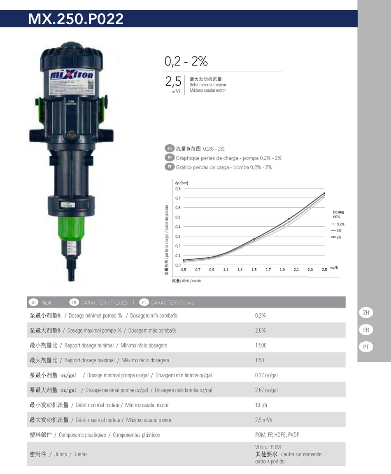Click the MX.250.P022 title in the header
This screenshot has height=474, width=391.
[x=76, y=19]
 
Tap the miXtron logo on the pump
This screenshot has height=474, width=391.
[x=72, y=76]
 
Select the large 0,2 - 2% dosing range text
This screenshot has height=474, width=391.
[x=186, y=61]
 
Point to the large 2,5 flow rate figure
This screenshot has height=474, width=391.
[x=173, y=81]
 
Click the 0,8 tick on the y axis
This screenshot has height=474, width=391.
[x=177, y=188]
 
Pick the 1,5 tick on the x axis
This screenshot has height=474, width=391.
[x=254, y=270]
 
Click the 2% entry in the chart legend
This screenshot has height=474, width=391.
[x=338, y=237]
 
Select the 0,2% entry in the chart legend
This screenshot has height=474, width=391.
[x=340, y=224]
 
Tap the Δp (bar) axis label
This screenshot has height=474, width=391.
[x=181, y=182]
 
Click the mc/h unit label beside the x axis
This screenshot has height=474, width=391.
[x=334, y=268]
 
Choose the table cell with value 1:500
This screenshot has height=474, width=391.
[x=261, y=345]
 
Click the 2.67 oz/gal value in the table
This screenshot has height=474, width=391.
[x=266, y=390]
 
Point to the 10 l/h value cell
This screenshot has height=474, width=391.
[x=261, y=405]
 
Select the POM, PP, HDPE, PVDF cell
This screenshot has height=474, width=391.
[x=277, y=435]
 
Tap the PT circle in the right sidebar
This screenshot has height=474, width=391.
[x=366, y=347]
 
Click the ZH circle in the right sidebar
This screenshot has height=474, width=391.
[x=366, y=313]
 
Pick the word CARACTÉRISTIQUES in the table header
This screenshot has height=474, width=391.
[x=104, y=303]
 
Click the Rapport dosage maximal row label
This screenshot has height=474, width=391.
[x=89, y=360]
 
